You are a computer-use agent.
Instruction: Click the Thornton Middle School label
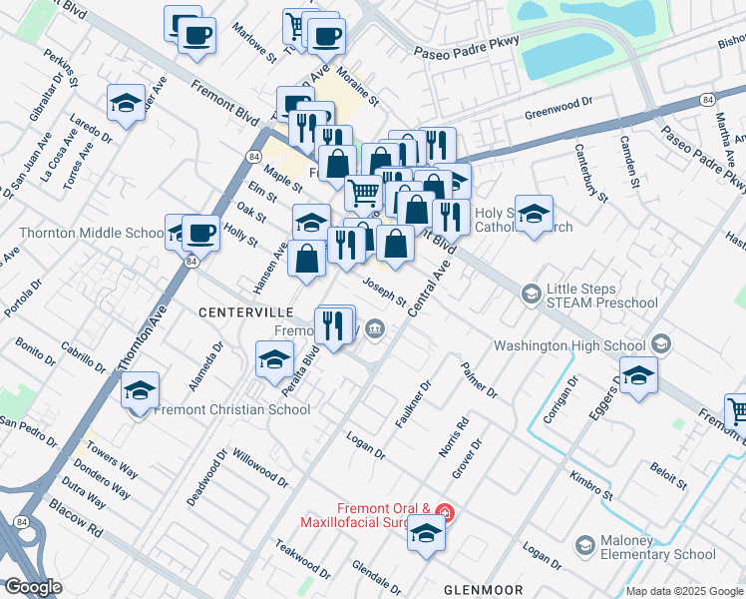coord(91,234)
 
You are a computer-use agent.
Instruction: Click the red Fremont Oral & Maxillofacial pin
coord(446,515)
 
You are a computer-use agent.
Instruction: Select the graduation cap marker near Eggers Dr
coord(638,375)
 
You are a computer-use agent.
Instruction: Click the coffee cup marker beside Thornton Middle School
coord(200,234)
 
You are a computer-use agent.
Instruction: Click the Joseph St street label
coord(384,293)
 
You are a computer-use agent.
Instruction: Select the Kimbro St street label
coord(592,488)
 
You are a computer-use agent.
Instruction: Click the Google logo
coord(33,587)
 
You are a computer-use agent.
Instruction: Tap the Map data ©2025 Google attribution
coord(684,591)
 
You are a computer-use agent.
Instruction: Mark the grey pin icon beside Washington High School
coord(661,345)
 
